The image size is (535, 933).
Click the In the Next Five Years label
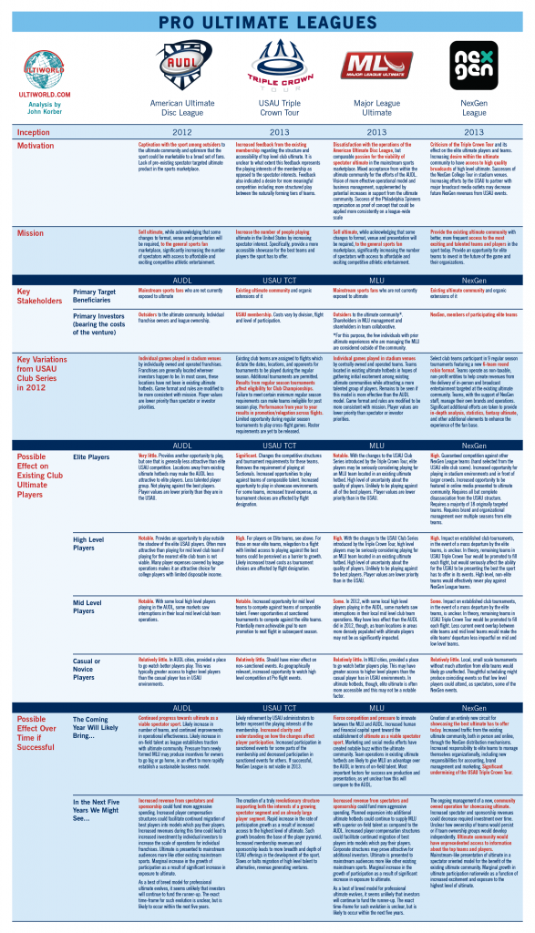point(100,805)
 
